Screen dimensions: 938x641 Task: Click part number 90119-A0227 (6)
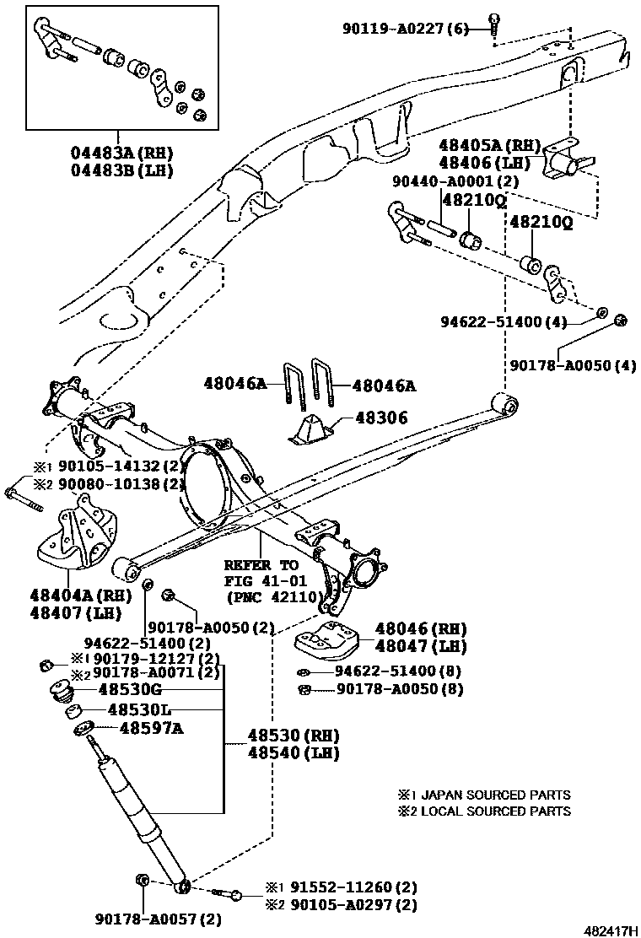(x=404, y=28)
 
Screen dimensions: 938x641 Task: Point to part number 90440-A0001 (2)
(x=455, y=181)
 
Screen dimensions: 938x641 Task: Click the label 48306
(x=381, y=418)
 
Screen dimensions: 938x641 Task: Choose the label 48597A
(x=150, y=727)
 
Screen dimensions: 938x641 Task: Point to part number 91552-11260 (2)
(x=354, y=887)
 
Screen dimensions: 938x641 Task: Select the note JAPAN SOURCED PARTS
(x=494, y=795)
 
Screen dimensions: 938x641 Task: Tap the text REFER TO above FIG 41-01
(x=261, y=565)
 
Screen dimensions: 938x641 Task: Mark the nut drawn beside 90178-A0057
(x=142, y=881)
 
